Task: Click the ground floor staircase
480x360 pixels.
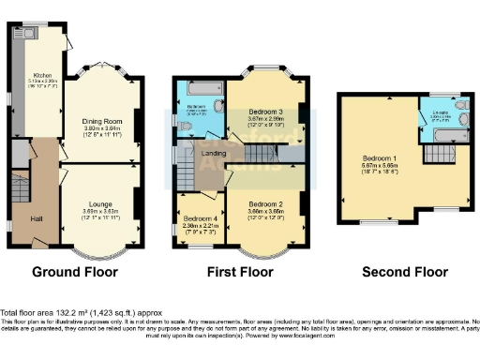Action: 19,187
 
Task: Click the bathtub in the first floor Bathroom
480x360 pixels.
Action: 199,90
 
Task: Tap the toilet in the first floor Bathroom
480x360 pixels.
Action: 218,106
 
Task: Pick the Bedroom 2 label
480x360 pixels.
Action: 267,202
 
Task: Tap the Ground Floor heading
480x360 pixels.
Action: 75,274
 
